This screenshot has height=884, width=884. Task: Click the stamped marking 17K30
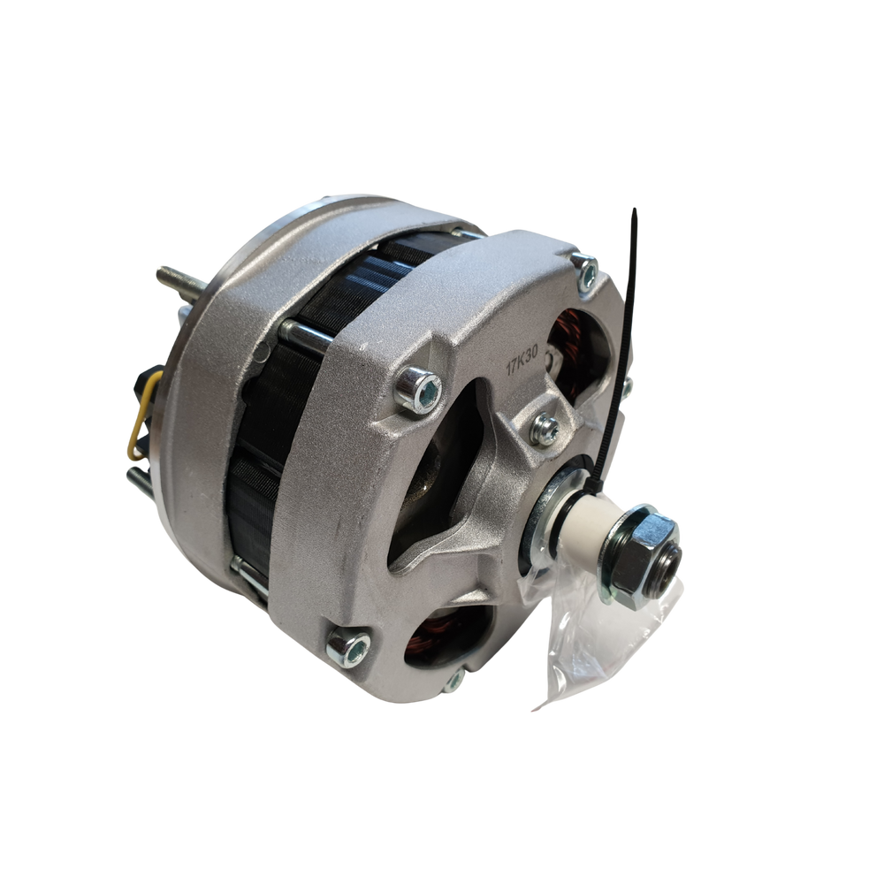(522, 360)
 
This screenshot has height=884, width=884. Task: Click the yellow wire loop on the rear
(142, 414)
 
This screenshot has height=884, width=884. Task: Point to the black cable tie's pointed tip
(634, 210)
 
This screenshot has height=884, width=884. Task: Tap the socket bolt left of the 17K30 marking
(419, 388)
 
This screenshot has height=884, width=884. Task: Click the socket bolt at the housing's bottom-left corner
(348, 648)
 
